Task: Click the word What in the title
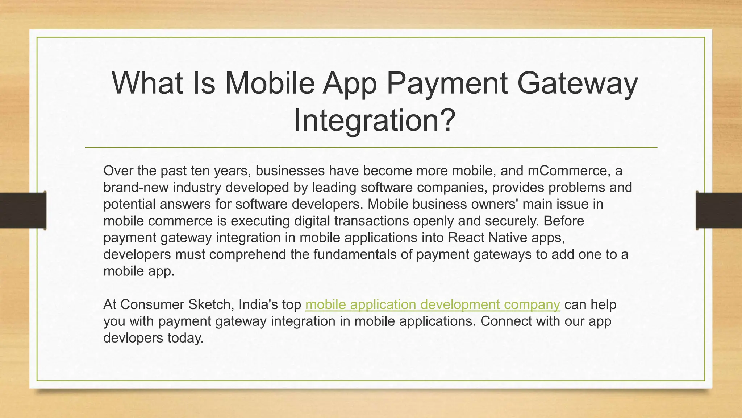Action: coord(147,83)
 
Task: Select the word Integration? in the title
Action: coord(374,120)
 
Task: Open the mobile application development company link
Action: coord(433,304)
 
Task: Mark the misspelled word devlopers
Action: coord(133,338)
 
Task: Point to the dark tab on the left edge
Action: coord(23,210)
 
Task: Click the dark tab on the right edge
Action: coord(719,210)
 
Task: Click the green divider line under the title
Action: coord(371,148)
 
